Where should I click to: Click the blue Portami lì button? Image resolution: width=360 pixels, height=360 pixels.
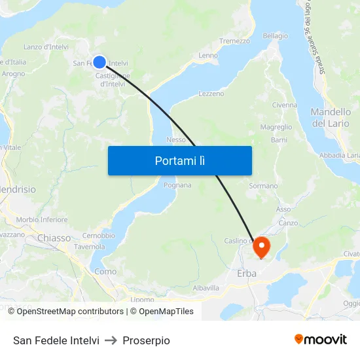pyautogui.click(x=179, y=160)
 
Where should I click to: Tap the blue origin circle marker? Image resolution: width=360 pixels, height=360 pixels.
pyautogui.click(x=99, y=62)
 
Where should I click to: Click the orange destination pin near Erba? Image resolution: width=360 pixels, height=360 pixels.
pyautogui.click(x=261, y=246)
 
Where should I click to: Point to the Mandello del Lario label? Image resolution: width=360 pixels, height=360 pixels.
pyautogui.click(x=331, y=117)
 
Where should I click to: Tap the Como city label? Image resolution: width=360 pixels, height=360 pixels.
pyautogui.click(x=105, y=271)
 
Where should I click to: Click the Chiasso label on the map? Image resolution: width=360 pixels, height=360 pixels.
pyautogui.click(x=54, y=238)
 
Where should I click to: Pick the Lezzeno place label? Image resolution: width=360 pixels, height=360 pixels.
pyautogui.click(x=211, y=94)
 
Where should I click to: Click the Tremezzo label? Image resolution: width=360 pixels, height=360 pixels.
pyautogui.click(x=234, y=41)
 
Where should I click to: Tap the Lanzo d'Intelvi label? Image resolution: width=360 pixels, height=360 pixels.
pyautogui.click(x=45, y=46)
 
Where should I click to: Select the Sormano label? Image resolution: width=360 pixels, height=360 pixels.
pyautogui.click(x=263, y=186)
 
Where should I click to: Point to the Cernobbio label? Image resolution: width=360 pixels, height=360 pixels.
pyautogui.click(x=99, y=236)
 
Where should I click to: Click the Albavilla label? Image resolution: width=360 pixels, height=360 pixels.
pyautogui.click(x=206, y=288)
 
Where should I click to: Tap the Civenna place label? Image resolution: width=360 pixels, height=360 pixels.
pyautogui.click(x=285, y=105)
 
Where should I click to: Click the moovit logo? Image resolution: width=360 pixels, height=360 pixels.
pyautogui.click(x=321, y=340)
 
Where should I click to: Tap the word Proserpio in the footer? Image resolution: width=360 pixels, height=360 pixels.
pyautogui.click(x=146, y=340)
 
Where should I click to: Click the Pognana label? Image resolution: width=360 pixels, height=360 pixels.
pyautogui.click(x=178, y=185)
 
